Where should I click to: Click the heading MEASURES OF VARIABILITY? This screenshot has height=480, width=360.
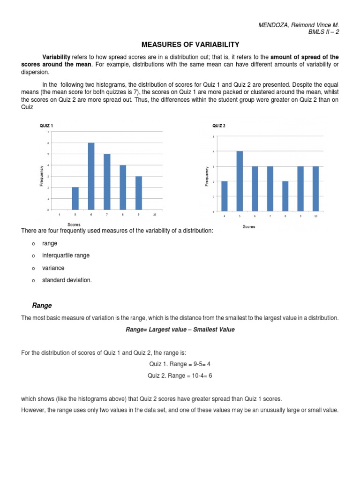click(190, 45)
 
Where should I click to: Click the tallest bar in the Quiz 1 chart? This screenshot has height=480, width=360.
click(91, 176)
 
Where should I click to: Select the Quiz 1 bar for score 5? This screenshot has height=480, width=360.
click(75, 198)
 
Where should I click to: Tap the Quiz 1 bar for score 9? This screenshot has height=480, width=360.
click(139, 193)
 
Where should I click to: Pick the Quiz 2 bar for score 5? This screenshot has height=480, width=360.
click(240, 181)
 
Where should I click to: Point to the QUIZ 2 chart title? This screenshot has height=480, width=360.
click(219, 126)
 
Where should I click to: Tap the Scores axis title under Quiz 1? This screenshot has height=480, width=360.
click(75, 225)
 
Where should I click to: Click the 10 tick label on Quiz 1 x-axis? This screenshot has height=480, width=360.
click(155, 214)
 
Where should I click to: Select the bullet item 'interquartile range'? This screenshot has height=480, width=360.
click(66, 255)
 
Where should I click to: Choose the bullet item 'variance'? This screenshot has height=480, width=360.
click(53, 268)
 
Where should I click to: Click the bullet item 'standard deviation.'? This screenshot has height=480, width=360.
click(67, 280)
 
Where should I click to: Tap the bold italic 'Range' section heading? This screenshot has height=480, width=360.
click(42, 306)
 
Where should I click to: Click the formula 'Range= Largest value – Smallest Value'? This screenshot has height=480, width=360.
click(180, 330)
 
